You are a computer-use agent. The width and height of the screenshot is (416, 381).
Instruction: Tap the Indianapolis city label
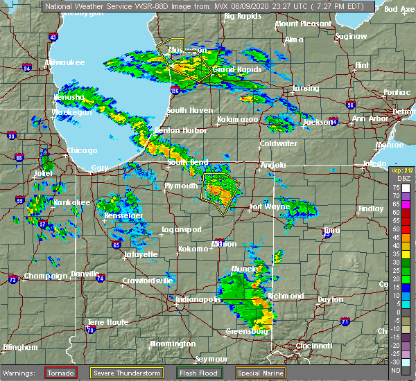point(196,299)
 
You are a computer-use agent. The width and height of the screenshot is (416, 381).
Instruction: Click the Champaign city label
point(46,276)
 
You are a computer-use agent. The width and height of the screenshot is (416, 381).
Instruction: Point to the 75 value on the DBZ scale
point(396,188)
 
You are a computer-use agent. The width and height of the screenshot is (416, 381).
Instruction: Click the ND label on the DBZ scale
point(396,371)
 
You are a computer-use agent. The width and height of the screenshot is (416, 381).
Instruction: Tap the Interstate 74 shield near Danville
point(101,278)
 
